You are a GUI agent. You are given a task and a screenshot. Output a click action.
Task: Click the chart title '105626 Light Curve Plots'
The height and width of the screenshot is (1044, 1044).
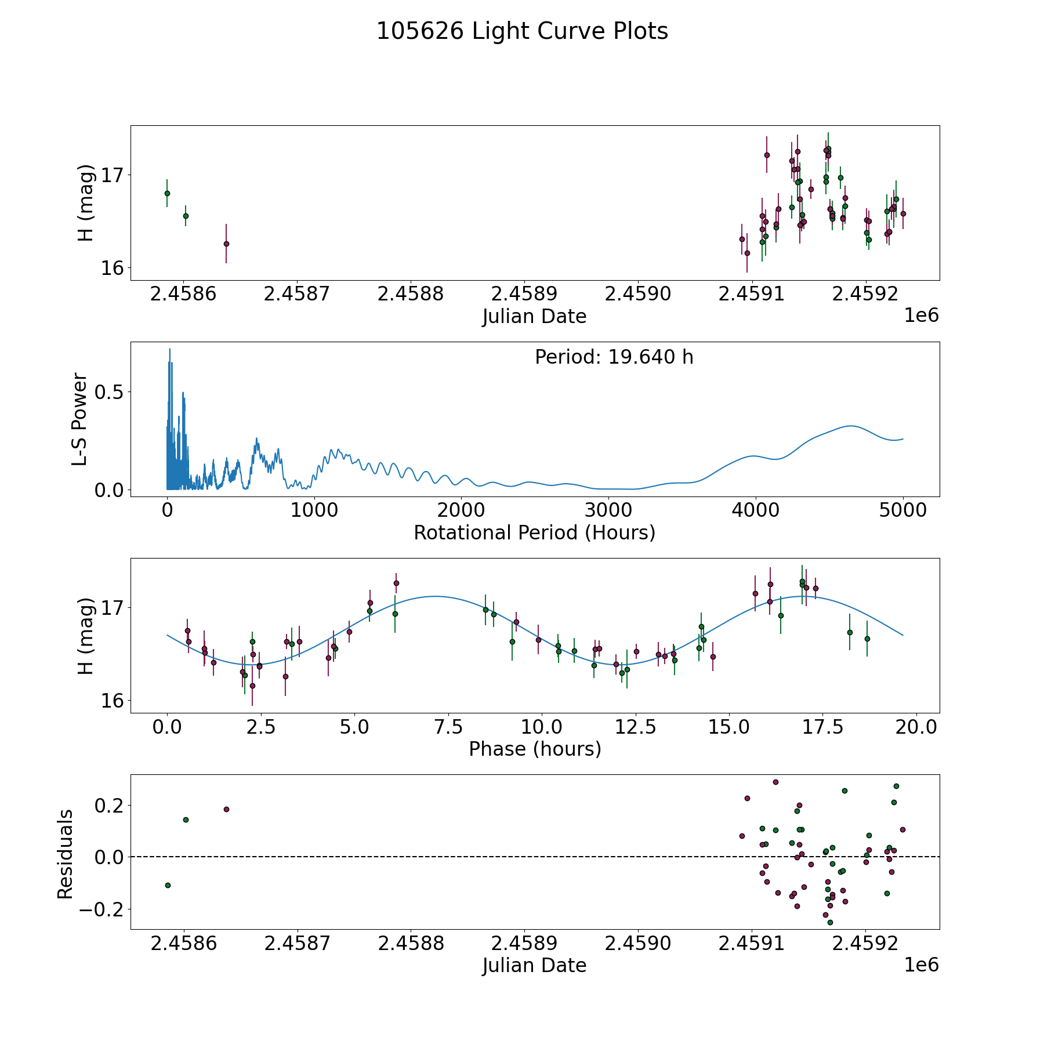522,31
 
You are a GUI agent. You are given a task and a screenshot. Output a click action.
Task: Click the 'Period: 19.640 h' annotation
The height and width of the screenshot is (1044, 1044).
614,357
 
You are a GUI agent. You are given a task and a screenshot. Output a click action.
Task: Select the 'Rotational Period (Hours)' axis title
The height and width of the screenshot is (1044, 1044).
534,532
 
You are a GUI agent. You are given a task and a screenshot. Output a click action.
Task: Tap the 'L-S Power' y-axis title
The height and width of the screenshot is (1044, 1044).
80,419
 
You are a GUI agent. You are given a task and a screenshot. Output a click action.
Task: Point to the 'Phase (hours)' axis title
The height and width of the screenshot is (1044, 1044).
534,749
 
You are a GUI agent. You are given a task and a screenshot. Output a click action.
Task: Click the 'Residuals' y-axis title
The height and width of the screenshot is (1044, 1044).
65,854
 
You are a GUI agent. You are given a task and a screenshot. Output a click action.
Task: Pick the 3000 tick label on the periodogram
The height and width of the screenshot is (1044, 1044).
608,510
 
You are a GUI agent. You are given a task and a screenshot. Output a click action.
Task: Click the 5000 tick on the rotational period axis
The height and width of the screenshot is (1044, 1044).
902,510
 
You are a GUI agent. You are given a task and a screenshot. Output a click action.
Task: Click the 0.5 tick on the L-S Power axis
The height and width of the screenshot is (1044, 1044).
111,392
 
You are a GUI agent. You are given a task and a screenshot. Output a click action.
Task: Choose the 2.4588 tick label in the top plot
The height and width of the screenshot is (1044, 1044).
410,293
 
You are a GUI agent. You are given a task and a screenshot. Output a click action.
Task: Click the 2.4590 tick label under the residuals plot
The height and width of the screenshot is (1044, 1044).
638,944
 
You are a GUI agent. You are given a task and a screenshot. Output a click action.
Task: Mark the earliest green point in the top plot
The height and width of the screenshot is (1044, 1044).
167,193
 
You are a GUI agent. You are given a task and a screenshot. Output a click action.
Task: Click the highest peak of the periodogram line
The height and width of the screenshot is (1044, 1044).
169,349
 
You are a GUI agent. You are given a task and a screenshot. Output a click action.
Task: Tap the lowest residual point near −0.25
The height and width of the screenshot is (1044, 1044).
830,922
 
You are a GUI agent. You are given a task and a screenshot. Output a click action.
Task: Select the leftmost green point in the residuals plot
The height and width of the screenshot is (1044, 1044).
168,885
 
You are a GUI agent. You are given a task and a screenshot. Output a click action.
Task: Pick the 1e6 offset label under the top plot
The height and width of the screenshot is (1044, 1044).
921,316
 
